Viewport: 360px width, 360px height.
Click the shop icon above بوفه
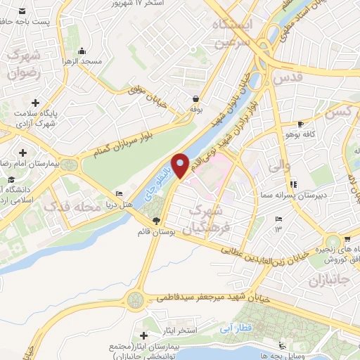195,99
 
